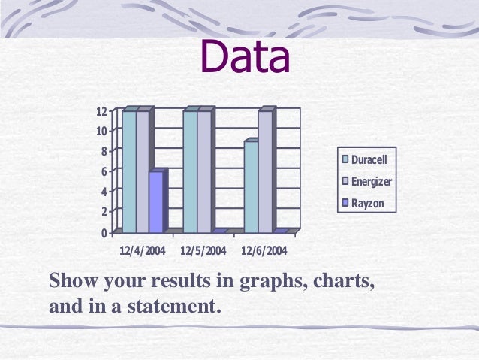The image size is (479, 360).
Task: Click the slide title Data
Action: [x=245, y=59]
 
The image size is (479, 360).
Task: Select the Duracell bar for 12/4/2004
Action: [x=129, y=171]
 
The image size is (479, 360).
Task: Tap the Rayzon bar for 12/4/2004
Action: [x=155, y=201]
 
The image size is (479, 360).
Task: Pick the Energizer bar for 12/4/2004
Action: [x=143, y=171]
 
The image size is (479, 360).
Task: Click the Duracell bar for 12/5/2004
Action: [x=190, y=171]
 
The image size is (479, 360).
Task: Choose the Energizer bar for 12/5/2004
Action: [x=203, y=171]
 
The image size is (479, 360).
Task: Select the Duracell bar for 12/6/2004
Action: [x=251, y=186]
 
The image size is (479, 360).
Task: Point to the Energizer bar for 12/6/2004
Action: [x=265, y=171]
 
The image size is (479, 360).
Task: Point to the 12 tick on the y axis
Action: [x=101, y=111]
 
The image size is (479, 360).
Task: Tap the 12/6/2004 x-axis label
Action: [x=264, y=250]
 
